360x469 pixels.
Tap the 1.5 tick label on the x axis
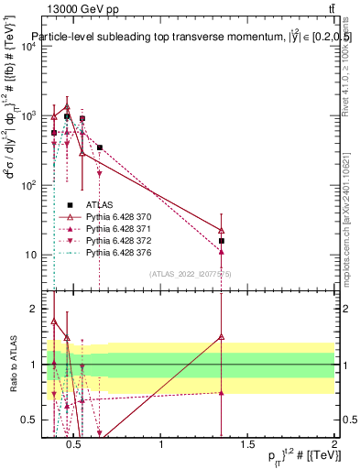tap(247, 445)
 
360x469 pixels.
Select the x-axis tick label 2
tap(333, 445)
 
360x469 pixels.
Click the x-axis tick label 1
tap(162, 445)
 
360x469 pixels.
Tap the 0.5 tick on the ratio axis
tap(27, 420)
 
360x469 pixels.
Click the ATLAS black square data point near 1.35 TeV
tap(222, 241)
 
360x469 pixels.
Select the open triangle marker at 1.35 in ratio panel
tap(222, 336)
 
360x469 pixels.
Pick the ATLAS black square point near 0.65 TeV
tap(100, 147)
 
